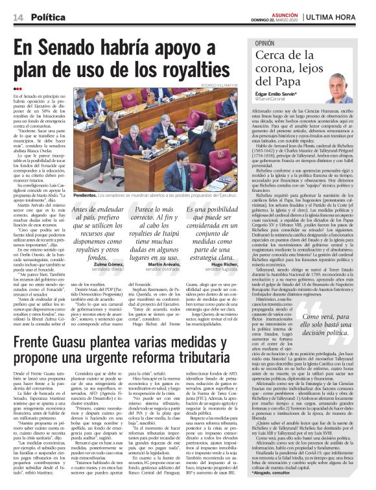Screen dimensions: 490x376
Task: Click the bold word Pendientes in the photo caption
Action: click(x=86, y=193)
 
